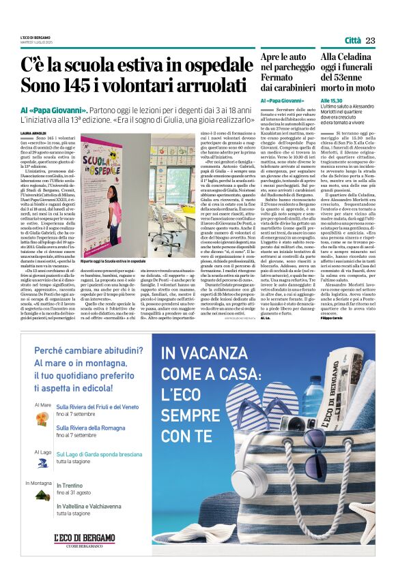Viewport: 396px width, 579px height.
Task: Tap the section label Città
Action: point(353,40)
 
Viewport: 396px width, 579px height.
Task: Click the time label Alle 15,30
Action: point(331,100)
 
